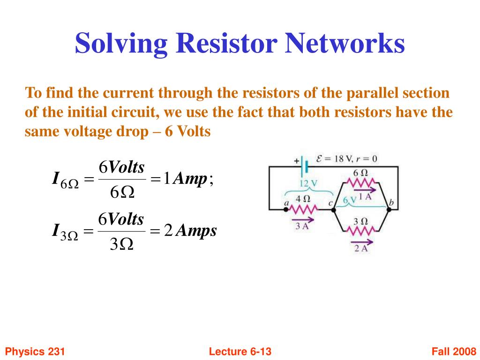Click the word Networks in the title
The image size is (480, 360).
click(x=345, y=43)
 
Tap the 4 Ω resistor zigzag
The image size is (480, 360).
click(x=303, y=210)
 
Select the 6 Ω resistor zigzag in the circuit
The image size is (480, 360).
click(x=360, y=183)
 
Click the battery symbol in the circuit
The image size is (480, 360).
click(x=304, y=167)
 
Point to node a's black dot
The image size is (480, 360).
click(x=285, y=210)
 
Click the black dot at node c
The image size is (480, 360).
click(x=334, y=210)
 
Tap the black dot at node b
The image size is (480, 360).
click(x=389, y=210)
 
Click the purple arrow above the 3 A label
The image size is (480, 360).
click(x=303, y=219)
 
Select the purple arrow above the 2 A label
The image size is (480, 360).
click(x=362, y=242)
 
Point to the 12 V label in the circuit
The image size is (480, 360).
click(x=308, y=183)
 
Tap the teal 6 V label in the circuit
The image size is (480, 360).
click(x=350, y=200)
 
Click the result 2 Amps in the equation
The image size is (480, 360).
click(x=190, y=230)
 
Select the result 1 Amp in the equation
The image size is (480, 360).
click(x=186, y=179)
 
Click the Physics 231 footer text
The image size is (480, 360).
click(x=35, y=351)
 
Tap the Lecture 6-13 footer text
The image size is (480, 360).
click(x=240, y=351)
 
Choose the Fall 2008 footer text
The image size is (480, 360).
click(x=454, y=351)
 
